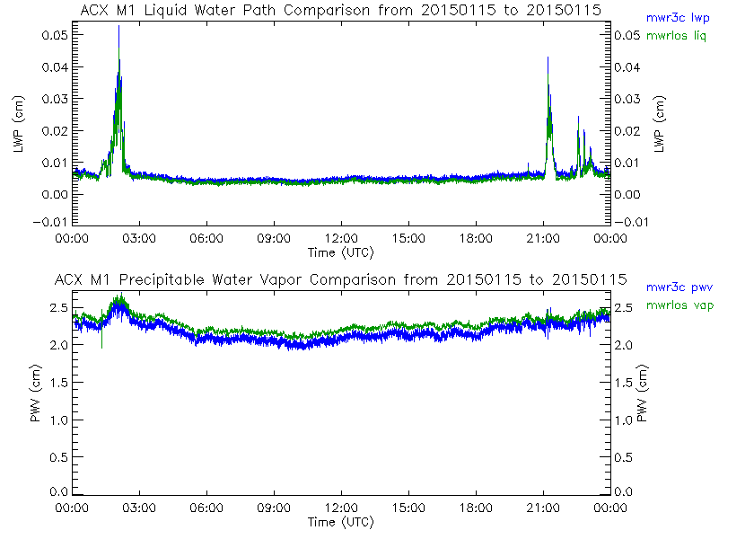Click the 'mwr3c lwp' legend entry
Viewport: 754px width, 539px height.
pos(675,17)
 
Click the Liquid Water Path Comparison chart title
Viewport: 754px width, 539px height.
pos(340,10)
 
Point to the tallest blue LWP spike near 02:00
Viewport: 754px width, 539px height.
pos(118,27)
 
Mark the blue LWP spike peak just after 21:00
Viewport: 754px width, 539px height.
pos(548,57)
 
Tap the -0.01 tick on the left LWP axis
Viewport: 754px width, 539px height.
pos(50,222)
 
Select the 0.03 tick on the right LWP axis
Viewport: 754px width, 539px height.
pos(628,98)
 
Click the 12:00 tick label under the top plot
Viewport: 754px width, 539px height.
pos(341,239)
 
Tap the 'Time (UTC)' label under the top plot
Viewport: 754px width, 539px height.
pos(340,252)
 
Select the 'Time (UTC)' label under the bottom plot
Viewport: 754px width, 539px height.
pos(340,522)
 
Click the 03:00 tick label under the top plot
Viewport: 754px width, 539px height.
pos(139,239)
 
